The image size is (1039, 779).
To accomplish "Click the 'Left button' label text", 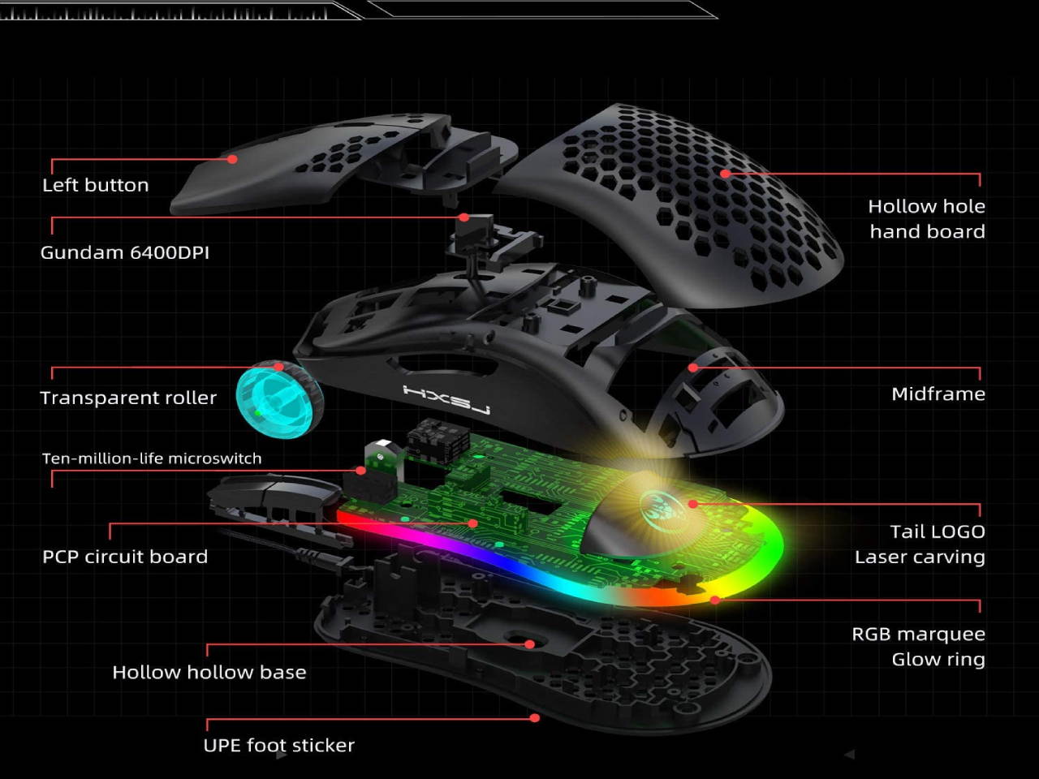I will click(95, 185).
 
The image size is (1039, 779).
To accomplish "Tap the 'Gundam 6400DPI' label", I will click(124, 252).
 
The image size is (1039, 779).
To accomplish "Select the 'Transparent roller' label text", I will click(128, 398).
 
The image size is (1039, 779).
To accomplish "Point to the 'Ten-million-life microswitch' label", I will click(152, 458).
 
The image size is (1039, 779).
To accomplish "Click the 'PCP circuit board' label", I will click(125, 557).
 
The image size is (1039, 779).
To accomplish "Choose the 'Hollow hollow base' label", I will click(209, 672).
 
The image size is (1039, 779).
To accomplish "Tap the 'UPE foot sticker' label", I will click(278, 745).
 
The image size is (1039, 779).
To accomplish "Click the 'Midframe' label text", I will click(938, 394).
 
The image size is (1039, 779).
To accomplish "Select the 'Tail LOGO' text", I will click(937, 532).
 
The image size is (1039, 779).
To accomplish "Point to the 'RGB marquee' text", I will click(918, 634).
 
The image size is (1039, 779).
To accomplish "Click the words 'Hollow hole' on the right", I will click(926, 206).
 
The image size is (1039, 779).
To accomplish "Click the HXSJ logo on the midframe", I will click(446, 399).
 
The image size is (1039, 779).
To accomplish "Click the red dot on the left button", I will click(233, 159).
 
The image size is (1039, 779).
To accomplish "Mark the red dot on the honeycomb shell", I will click(725, 173).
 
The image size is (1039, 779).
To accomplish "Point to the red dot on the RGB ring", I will click(715, 600).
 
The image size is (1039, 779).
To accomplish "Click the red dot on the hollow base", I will click(529, 644).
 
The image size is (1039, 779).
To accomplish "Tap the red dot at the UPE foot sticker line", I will click(534, 718).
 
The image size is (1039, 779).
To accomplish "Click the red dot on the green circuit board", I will click(473, 523).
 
